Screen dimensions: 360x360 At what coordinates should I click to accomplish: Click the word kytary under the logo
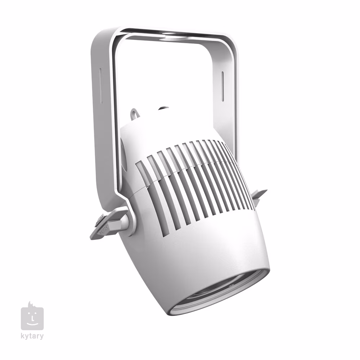point(32,337)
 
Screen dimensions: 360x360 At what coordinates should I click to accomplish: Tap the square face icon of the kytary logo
point(32,318)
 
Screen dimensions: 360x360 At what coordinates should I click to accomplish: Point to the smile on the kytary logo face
point(32,323)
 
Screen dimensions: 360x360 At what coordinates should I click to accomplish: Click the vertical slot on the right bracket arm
point(222,86)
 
